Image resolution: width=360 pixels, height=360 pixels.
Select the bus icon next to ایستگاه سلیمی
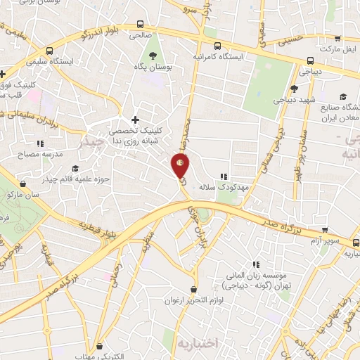pos(49,51)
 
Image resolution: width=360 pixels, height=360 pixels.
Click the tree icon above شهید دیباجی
pos(294,88)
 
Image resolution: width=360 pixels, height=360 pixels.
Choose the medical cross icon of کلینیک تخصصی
pos(135,120)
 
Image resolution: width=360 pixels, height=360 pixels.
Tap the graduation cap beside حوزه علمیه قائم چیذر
pos(75,168)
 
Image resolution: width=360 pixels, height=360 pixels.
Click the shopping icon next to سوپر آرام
pos(325,229)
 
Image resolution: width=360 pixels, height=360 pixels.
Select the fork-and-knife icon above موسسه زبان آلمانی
pos(256,264)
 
